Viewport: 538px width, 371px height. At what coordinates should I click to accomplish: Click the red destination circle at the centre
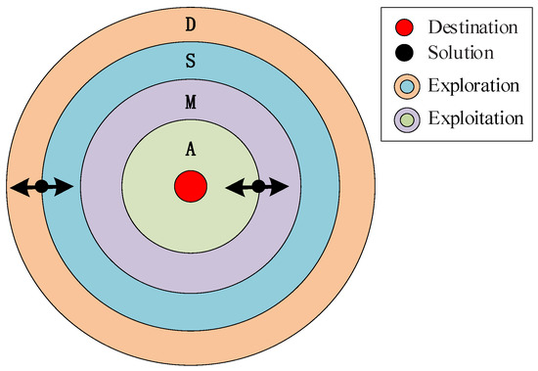pyautogui.click(x=189, y=185)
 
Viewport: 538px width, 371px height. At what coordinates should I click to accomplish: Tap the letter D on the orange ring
pyautogui.click(x=189, y=22)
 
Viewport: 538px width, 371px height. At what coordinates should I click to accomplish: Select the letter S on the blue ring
pyautogui.click(x=189, y=61)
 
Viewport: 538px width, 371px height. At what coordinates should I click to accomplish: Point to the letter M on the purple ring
pyautogui.click(x=189, y=102)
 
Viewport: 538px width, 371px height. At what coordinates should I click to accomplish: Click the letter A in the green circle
pyautogui.click(x=189, y=149)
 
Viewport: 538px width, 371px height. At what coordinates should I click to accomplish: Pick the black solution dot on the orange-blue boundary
pyautogui.click(x=41, y=186)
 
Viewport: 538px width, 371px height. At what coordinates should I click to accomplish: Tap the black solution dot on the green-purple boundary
pyautogui.click(x=258, y=186)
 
